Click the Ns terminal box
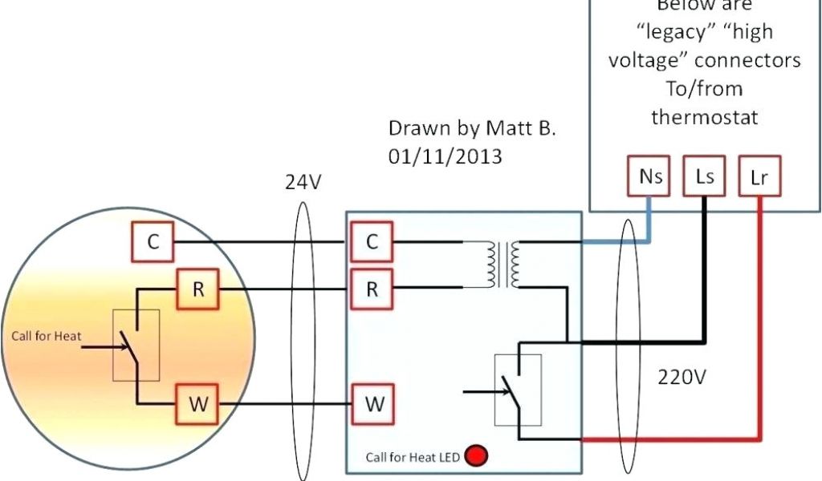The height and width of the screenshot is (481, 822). point(649,176)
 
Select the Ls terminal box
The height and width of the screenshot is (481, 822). point(705,176)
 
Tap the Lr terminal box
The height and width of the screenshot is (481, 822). point(759,176)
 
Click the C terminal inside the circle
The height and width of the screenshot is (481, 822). point(152,243)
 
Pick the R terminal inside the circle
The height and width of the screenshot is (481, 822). point(197,290)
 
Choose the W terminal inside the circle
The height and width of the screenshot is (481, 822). point(197,405)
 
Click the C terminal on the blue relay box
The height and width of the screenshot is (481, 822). point(371,243)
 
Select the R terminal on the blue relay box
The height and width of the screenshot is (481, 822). point(371,290)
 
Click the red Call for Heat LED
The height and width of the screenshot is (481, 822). point(478,456)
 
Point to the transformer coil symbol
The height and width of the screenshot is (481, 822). point(501,265)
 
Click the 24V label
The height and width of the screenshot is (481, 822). point(303,183)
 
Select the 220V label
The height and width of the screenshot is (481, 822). point(682,376)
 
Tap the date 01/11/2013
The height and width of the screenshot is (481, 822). point(446,156)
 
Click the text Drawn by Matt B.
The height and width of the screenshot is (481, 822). point(471,128)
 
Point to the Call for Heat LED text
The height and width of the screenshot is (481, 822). point(413,458)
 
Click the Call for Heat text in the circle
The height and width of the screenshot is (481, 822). point(46,337)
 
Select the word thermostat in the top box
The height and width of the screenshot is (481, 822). point(704,117)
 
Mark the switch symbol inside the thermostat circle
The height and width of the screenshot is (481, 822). point(136,345)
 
